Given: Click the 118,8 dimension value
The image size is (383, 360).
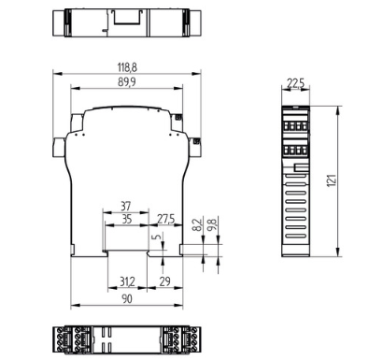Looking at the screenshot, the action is tap(127, 67).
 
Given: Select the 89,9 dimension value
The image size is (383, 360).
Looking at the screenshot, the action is tap(127, 82).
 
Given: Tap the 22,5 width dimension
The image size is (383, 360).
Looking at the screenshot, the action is tap(295, 83).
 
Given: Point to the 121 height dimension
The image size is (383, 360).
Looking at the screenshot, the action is tap(332, 180).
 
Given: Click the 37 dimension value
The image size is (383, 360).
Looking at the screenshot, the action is tap(126, 206).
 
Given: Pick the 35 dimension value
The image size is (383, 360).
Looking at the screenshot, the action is tap(126, 219).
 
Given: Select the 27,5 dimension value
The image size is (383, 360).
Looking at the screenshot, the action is tap(165, 219).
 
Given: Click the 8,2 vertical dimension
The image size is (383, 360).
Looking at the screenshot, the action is tap(197, 224).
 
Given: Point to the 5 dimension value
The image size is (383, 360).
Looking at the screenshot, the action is tap(158, 236).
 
